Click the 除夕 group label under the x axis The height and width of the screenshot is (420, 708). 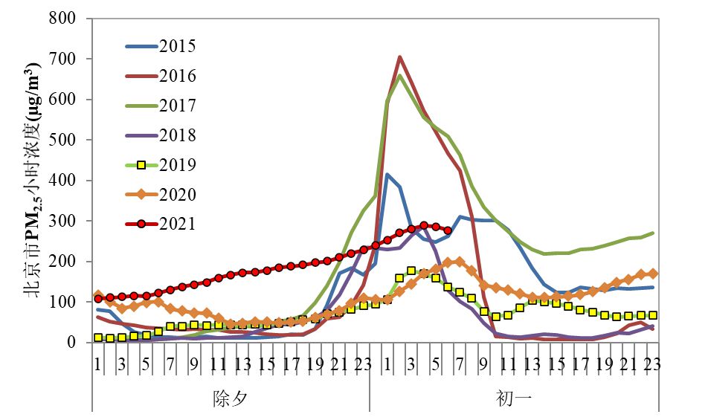(x=231, y=398)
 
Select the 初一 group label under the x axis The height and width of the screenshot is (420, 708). (x=514, y=398)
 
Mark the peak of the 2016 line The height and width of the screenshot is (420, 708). (x=399, y=56)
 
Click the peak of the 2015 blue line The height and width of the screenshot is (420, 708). (x=387, y=174)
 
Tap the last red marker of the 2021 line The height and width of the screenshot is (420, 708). (x=447, y=230)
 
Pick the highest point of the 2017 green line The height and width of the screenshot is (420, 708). (x=399, y=75)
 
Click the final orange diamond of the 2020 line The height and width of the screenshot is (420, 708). (x=652, y=274)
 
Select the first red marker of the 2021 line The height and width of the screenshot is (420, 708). (x=97, y=299)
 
